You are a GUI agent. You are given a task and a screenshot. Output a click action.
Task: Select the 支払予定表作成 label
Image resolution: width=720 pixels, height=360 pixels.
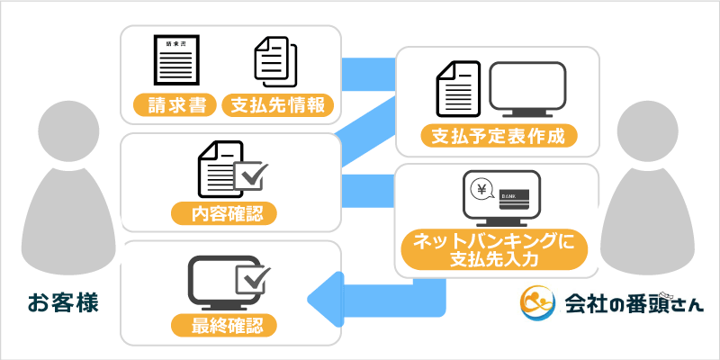(498, 137)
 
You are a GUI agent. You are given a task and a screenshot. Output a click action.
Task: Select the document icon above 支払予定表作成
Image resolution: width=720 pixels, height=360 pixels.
(456, 90)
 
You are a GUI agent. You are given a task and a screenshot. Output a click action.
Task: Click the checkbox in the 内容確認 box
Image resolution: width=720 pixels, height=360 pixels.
(248, 176)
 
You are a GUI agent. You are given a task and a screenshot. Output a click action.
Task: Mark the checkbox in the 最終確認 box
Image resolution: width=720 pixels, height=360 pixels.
(248, 278)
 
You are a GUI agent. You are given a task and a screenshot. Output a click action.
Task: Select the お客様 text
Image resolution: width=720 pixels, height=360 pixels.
(61, 301)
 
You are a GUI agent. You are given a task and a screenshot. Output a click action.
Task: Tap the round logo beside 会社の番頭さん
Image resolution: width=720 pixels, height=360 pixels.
(539, 303)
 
